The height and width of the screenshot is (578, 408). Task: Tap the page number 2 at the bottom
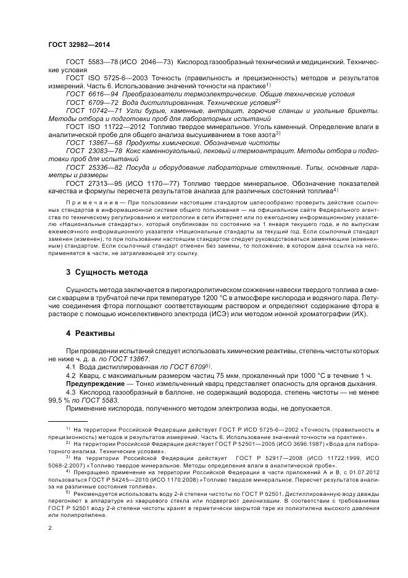click(x=50, y=529)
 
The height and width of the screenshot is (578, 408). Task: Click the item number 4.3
click(x=72, y=392)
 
